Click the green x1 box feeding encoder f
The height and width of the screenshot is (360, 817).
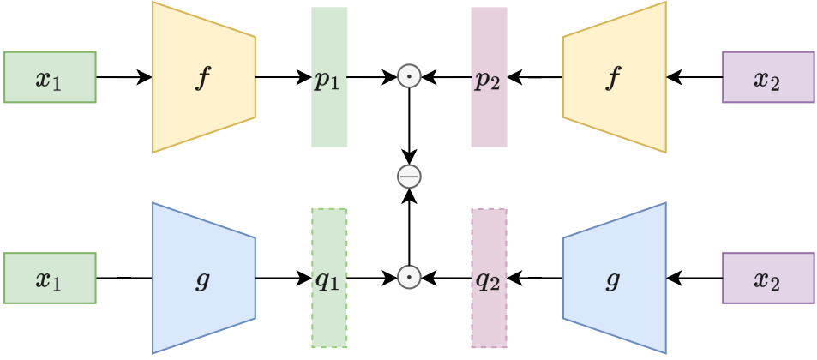point(50,77)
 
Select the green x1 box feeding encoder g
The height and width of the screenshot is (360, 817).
point(50,278)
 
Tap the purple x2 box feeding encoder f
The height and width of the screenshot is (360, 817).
point(767,77)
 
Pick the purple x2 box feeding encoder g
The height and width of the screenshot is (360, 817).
point(767,278)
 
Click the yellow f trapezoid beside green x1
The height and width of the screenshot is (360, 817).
point(203,77)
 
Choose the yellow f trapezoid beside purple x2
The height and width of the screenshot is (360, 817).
point(614,77)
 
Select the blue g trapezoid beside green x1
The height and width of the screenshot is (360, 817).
point(203,278)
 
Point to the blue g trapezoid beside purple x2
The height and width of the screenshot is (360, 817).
point(614,278)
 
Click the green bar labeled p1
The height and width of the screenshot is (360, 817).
point(329,77)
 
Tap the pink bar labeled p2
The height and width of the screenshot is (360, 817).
point(489,77)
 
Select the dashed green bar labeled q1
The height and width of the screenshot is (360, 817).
point(329,278)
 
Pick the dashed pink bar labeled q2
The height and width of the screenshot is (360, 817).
point(489,278)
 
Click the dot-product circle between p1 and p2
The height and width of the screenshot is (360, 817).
point(410,77)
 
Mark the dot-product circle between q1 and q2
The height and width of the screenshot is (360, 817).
point(410,278)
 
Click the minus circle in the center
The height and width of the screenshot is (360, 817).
point(410,177)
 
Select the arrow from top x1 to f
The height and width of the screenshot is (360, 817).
point(123,77)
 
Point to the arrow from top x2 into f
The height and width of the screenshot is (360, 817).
point(694,77)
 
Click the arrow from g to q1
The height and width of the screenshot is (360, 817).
point(283,278)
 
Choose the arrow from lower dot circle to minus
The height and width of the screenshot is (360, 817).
point(410,227)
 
